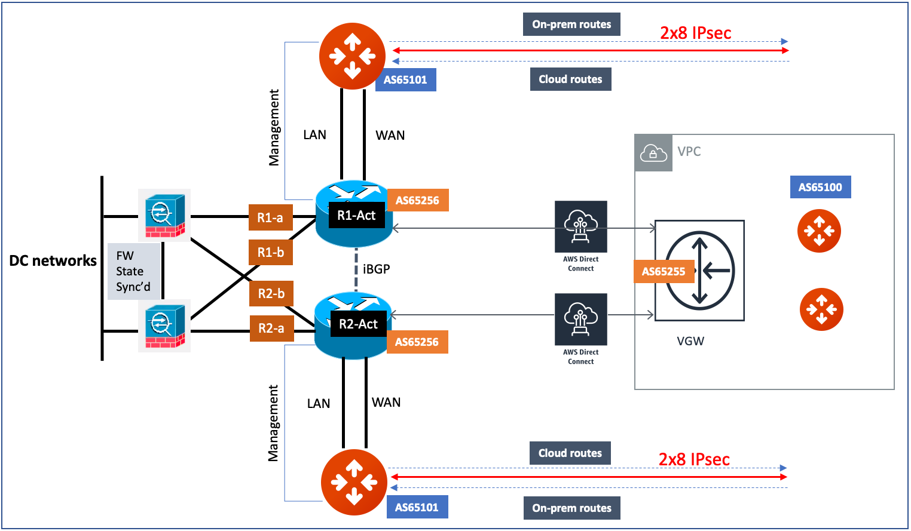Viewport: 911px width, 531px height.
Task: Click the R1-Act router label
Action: (356, 215)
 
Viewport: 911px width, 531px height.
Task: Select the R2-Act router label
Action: (358, 324)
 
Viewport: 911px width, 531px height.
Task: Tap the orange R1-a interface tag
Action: (270, 217)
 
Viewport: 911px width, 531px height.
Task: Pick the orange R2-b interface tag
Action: (271, 293)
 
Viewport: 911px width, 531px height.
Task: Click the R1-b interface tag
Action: (271, 252)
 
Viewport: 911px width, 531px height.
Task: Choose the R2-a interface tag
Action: (271, 328)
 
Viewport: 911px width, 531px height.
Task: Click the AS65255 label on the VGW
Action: (664, 271)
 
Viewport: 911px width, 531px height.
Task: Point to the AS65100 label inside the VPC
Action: (820, 187)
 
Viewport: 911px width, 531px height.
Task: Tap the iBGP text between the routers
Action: (376, 269)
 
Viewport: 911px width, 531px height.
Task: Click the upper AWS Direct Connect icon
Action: (580, 226)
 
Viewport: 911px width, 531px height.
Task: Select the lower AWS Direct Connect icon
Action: (580, 319)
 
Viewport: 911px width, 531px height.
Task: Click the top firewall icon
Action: (164, 215)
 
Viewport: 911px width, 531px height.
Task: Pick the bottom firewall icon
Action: (164, 326)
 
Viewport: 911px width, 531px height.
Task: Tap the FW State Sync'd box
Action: (133, 271)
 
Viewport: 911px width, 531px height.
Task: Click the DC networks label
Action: (53, 260)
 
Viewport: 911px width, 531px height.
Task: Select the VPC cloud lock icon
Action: (653, 153)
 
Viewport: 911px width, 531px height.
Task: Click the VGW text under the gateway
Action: (690, 341)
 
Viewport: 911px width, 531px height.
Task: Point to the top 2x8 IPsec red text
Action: (695, 33)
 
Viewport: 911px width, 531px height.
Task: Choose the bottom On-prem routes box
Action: (571, 508)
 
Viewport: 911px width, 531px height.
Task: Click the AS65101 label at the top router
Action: (405, 79)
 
